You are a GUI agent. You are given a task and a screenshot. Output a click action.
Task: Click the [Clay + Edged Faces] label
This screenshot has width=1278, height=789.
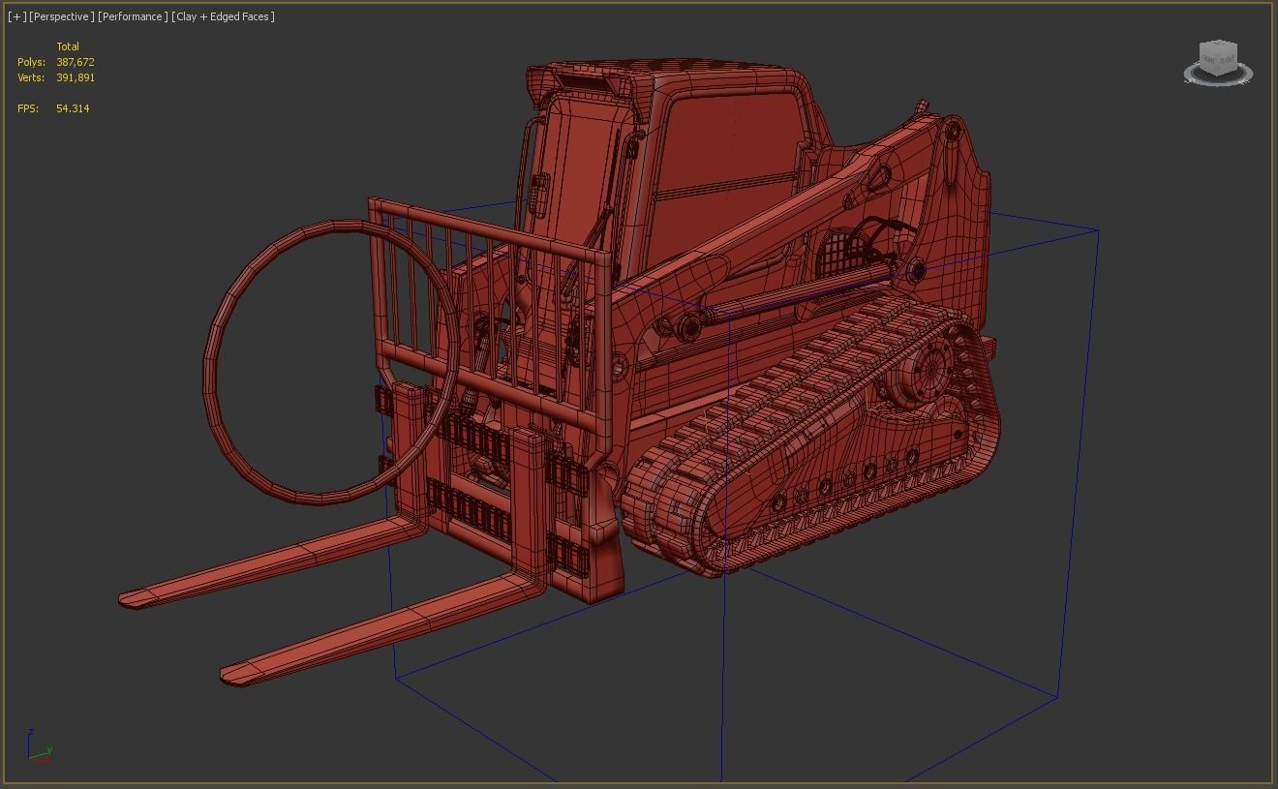point(223,16)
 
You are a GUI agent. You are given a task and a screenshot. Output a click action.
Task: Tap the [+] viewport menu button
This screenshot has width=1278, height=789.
point(16,16)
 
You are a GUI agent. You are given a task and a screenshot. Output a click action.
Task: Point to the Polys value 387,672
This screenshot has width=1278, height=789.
point(75,62)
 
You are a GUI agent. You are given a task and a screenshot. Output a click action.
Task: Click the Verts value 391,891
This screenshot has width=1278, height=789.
point(75,77)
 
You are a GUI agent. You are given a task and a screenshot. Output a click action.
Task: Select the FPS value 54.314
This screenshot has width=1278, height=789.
point(73,108)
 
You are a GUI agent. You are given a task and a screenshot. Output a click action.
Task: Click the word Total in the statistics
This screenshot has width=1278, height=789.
point(68,46)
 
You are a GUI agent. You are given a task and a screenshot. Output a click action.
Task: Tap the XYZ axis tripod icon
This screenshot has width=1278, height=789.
point(39,748)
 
